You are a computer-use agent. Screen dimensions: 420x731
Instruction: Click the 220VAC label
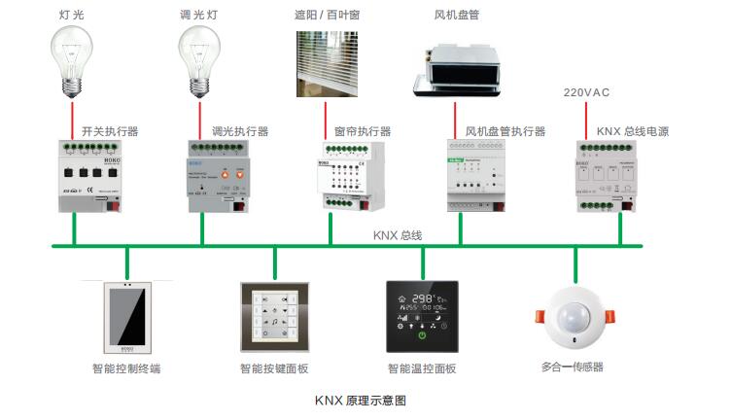point(587,93)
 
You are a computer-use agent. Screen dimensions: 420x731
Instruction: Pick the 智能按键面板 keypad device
point(274,317)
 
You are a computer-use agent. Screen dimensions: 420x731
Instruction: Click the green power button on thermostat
point(423,336)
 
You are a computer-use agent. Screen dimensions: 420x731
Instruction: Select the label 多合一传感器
point(573,367)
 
